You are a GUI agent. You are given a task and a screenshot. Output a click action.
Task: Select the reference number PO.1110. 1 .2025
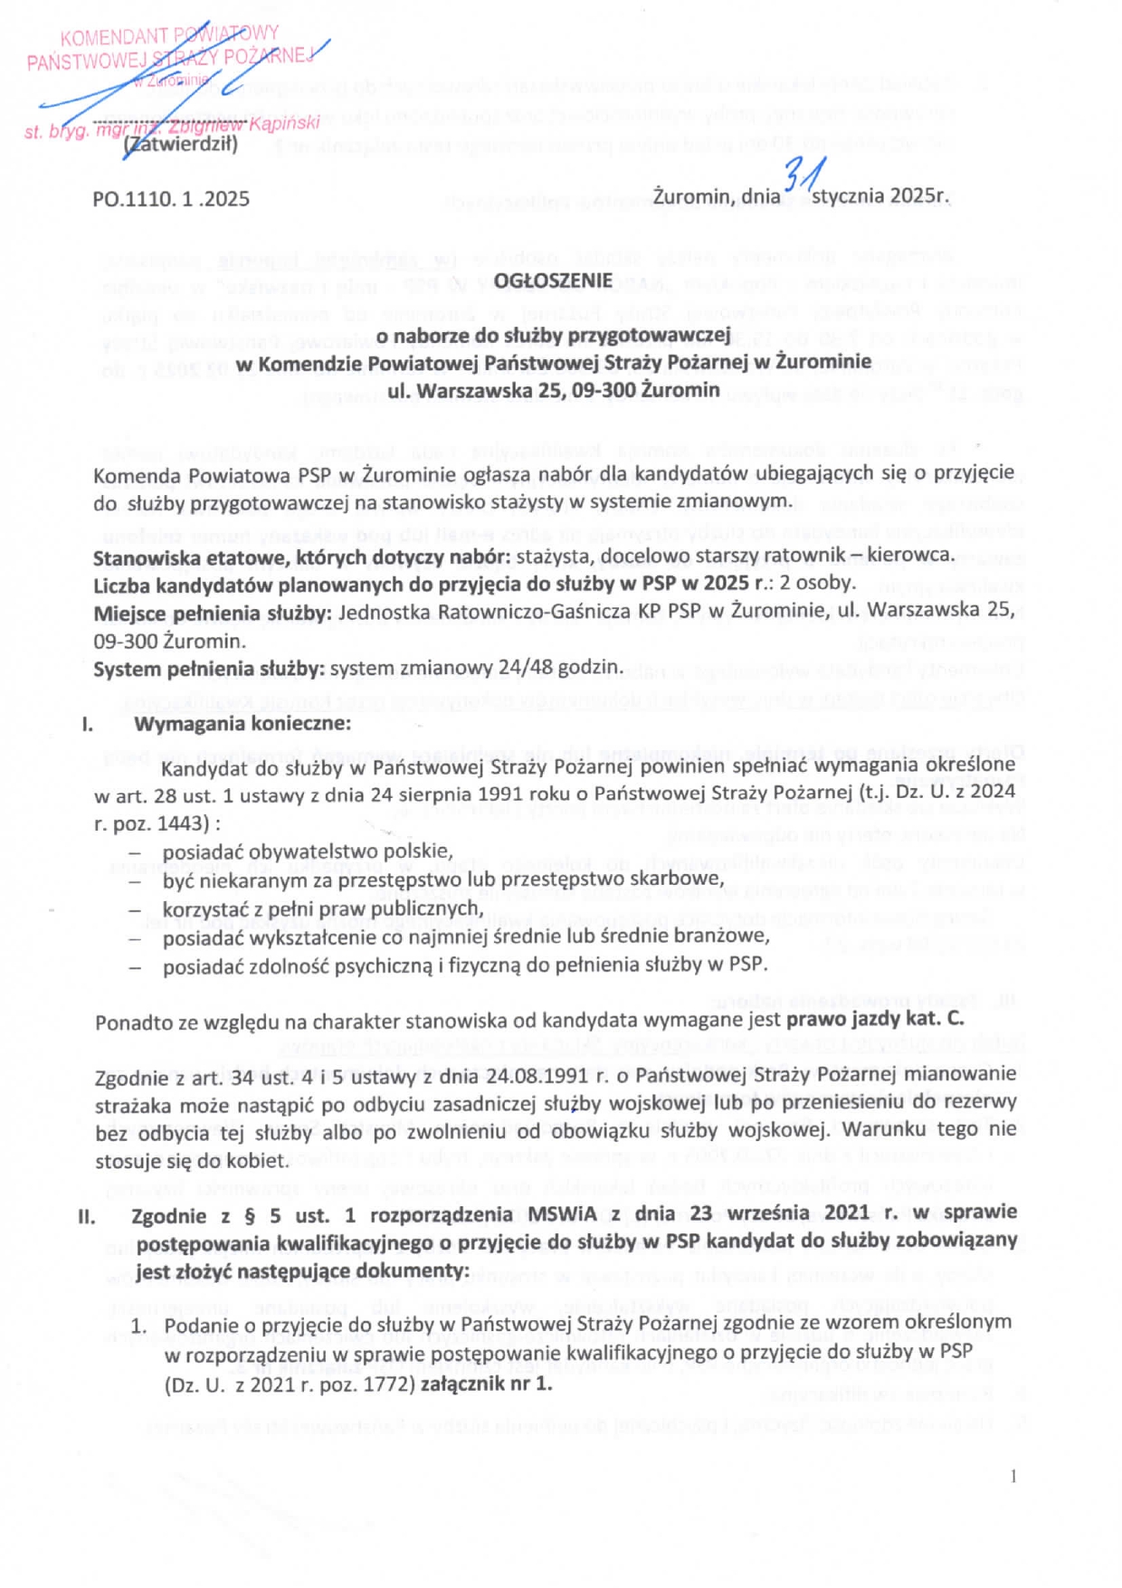(x=171, y=199)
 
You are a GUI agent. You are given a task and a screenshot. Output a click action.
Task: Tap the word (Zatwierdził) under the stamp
(x=181, y=144)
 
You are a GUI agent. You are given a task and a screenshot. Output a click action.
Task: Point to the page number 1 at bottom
(x=1013, y=1477)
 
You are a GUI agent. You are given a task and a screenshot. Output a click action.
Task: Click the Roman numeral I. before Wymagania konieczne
(x=88, y=724)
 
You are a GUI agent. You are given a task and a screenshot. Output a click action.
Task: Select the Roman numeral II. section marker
(x=87, y=1216)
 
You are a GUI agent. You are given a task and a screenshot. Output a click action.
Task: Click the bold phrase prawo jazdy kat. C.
(x=875, y=1019)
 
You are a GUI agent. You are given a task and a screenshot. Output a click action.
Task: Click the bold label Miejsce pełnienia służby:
(x=213, y=613)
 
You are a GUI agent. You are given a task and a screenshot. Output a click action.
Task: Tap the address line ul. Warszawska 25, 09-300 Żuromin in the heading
(x=553, y=391)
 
